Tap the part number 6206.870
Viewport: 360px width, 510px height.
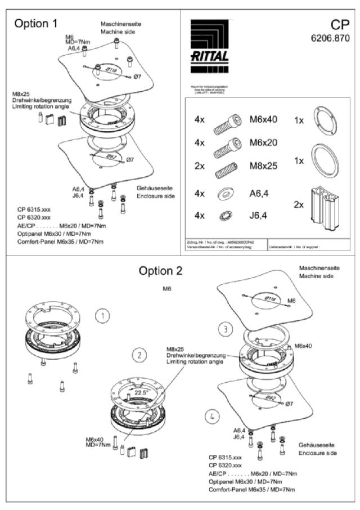tap(330, 39)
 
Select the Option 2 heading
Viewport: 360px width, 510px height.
tap(161, 270)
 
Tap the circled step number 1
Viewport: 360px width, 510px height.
tap(102, 316)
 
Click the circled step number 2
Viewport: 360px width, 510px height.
tap(139, 355)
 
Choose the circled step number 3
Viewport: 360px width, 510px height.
tap(226, 328)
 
